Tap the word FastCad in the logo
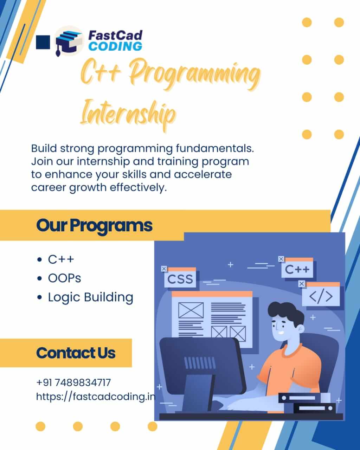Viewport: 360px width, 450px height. [115, 35]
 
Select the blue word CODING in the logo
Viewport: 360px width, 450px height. [115, 46]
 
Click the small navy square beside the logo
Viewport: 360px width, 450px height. [43, 42]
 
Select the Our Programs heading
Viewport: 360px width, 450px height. [94, 225]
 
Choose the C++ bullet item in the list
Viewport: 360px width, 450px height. [61, 259]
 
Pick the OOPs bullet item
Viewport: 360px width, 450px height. [64, 278]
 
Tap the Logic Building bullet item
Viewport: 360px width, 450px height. [90, 297]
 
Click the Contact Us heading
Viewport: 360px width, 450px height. [76, 353]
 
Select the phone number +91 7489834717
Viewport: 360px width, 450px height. [73, 382]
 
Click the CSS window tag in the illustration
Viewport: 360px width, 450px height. [180, 279]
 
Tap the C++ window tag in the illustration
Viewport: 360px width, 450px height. [297, 270]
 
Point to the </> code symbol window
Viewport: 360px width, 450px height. [321, 296]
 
